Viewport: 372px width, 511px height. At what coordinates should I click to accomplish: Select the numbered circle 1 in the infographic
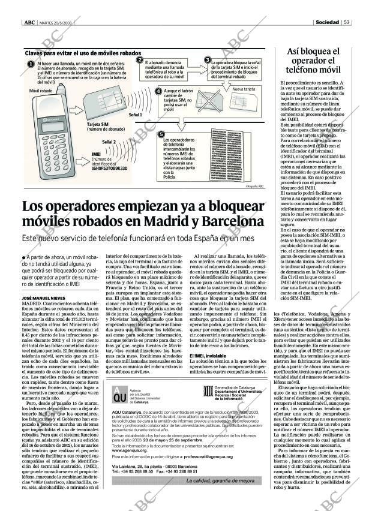point(31,64)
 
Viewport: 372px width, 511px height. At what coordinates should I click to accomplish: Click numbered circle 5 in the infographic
point(161,136)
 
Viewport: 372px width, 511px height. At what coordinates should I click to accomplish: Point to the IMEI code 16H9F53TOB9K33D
point(110,169)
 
